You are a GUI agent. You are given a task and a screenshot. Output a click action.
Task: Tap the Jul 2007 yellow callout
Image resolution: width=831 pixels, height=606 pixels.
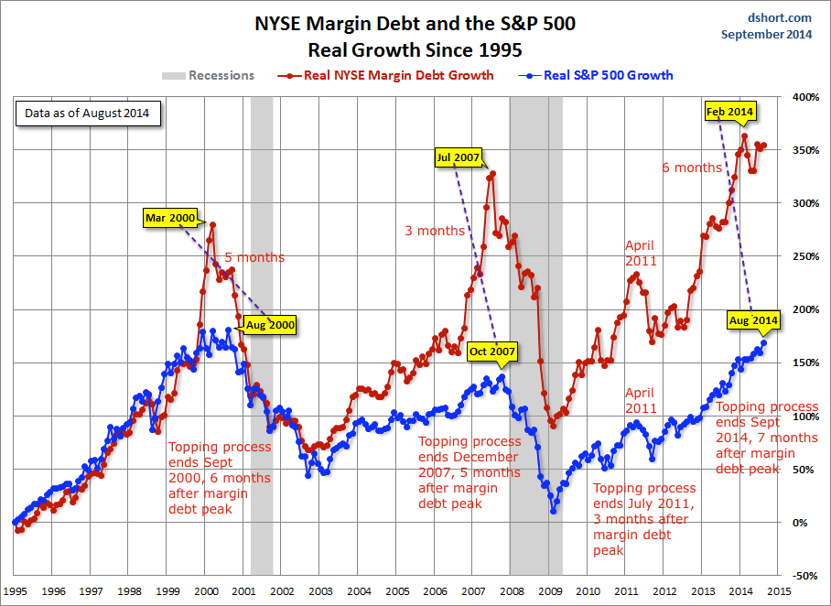459,157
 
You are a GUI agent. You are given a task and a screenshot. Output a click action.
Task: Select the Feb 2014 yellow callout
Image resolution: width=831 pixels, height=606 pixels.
730,112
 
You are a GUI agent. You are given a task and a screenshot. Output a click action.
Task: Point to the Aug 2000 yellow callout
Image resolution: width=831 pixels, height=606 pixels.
271,324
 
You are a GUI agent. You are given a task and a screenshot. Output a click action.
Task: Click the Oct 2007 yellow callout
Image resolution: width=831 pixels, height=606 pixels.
492,352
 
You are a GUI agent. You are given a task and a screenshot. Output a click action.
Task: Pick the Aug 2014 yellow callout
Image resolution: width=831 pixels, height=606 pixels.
753,320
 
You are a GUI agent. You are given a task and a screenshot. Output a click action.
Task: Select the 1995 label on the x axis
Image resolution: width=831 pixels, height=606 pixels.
16,591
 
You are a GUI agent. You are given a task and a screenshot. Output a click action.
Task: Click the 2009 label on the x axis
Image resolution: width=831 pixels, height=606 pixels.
550,591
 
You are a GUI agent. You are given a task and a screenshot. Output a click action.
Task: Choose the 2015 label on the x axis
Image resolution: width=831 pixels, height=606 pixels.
779,591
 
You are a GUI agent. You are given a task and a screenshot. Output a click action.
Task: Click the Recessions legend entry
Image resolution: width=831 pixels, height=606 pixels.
209,75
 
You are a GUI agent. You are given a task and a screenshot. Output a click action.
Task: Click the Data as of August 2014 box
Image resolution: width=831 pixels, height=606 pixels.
88,114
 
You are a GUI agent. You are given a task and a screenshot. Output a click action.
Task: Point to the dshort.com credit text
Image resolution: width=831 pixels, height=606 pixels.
779,17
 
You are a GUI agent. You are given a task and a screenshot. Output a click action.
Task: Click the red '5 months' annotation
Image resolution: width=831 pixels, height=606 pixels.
254,257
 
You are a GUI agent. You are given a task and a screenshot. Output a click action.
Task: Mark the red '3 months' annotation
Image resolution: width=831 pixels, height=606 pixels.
435,231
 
